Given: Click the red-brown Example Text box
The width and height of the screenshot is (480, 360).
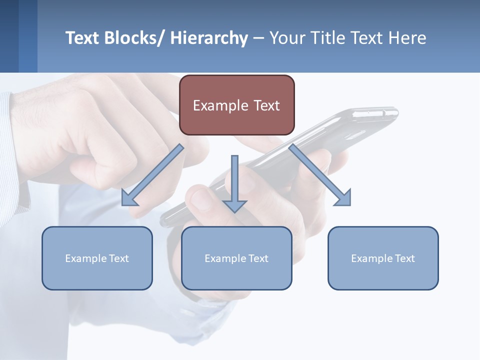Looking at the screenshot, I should point(236,105).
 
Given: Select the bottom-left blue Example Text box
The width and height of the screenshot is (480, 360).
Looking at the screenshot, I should point(97,258).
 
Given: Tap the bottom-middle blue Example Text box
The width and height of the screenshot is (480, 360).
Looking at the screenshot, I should point(236,258).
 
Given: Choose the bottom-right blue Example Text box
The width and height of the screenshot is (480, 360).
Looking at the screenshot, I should point(383,258).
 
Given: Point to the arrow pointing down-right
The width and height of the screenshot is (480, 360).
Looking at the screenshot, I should point(320,175).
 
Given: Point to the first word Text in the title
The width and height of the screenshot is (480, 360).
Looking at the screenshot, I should point(82,38).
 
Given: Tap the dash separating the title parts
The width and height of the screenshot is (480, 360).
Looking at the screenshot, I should point(258,38).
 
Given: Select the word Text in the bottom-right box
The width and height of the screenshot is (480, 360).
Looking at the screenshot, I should point(404,258).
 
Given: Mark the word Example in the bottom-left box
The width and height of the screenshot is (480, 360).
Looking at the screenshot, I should point(85,258).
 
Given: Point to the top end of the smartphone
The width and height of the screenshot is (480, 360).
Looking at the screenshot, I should point(380,112).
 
